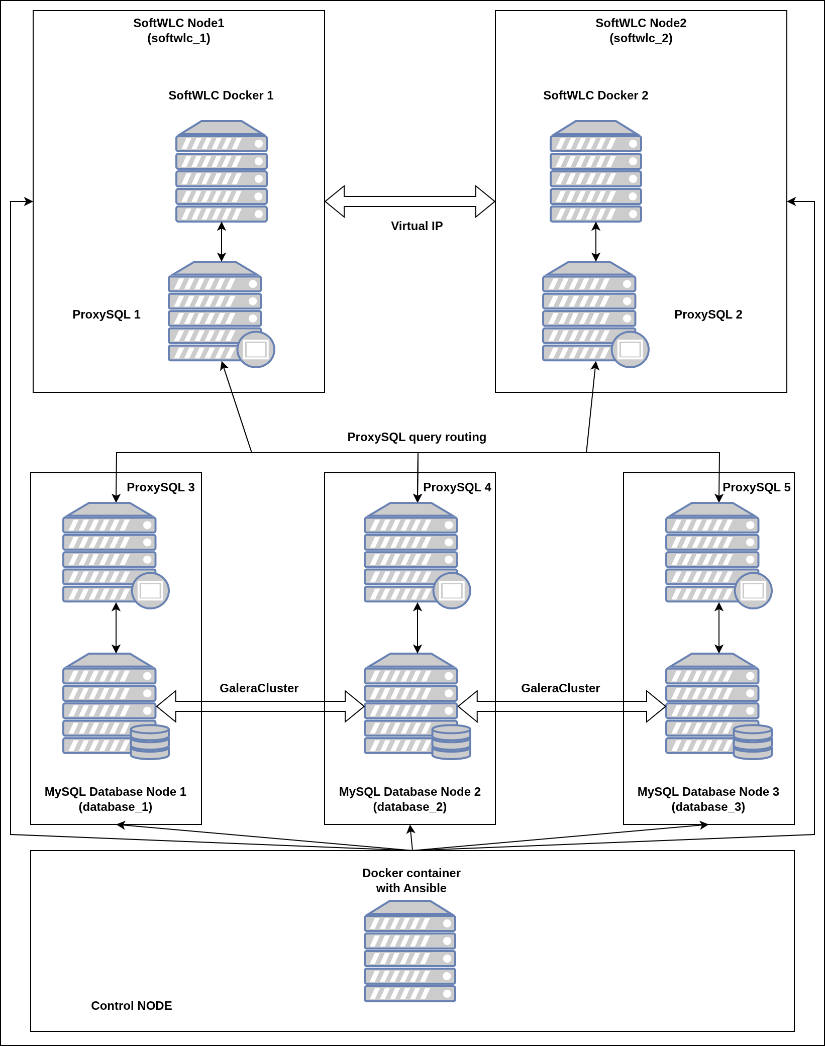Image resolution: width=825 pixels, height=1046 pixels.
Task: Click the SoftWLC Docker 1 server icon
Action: [x=222, y=171]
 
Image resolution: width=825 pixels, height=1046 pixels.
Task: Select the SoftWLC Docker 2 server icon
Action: [x=596, y=171]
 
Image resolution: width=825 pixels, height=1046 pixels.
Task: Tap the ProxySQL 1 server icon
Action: [x=215, y=311]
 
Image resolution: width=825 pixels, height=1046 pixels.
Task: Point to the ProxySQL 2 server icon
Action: [x=589, y=311]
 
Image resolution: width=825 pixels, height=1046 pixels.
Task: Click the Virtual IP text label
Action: [x=417, y=226]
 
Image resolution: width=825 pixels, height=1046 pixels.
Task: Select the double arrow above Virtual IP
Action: [x=410, y=201]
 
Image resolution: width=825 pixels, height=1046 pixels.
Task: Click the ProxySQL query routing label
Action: [x=417, y=437]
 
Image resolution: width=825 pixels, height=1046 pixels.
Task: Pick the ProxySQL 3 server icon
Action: [x=110, y=553]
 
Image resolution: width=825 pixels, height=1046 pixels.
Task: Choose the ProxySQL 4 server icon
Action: [x=411, y=553]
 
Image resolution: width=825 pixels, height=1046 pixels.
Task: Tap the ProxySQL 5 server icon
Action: [x=712, y=553]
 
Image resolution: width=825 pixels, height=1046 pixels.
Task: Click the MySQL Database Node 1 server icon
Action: [x=110, y=703]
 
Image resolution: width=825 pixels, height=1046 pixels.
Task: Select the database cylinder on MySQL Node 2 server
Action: [x=451, y=742]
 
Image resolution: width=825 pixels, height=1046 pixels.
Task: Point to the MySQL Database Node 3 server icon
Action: [x=712, y=703]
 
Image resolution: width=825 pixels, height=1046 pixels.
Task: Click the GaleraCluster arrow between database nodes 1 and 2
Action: [x=260, y=706]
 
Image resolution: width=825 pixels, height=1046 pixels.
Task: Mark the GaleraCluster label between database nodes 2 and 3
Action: [x=560, y=688]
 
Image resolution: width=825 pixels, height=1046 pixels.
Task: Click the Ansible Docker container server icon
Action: [x=410, y=951]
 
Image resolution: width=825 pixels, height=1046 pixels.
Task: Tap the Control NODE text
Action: [x=132, y=1006]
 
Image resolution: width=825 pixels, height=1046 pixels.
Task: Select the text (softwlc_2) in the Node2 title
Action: [x=641, y=38]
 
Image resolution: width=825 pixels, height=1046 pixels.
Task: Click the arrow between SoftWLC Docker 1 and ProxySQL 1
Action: [x=222, y=242]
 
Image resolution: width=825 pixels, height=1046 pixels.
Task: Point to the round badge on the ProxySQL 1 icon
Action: [x=256, y=350]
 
